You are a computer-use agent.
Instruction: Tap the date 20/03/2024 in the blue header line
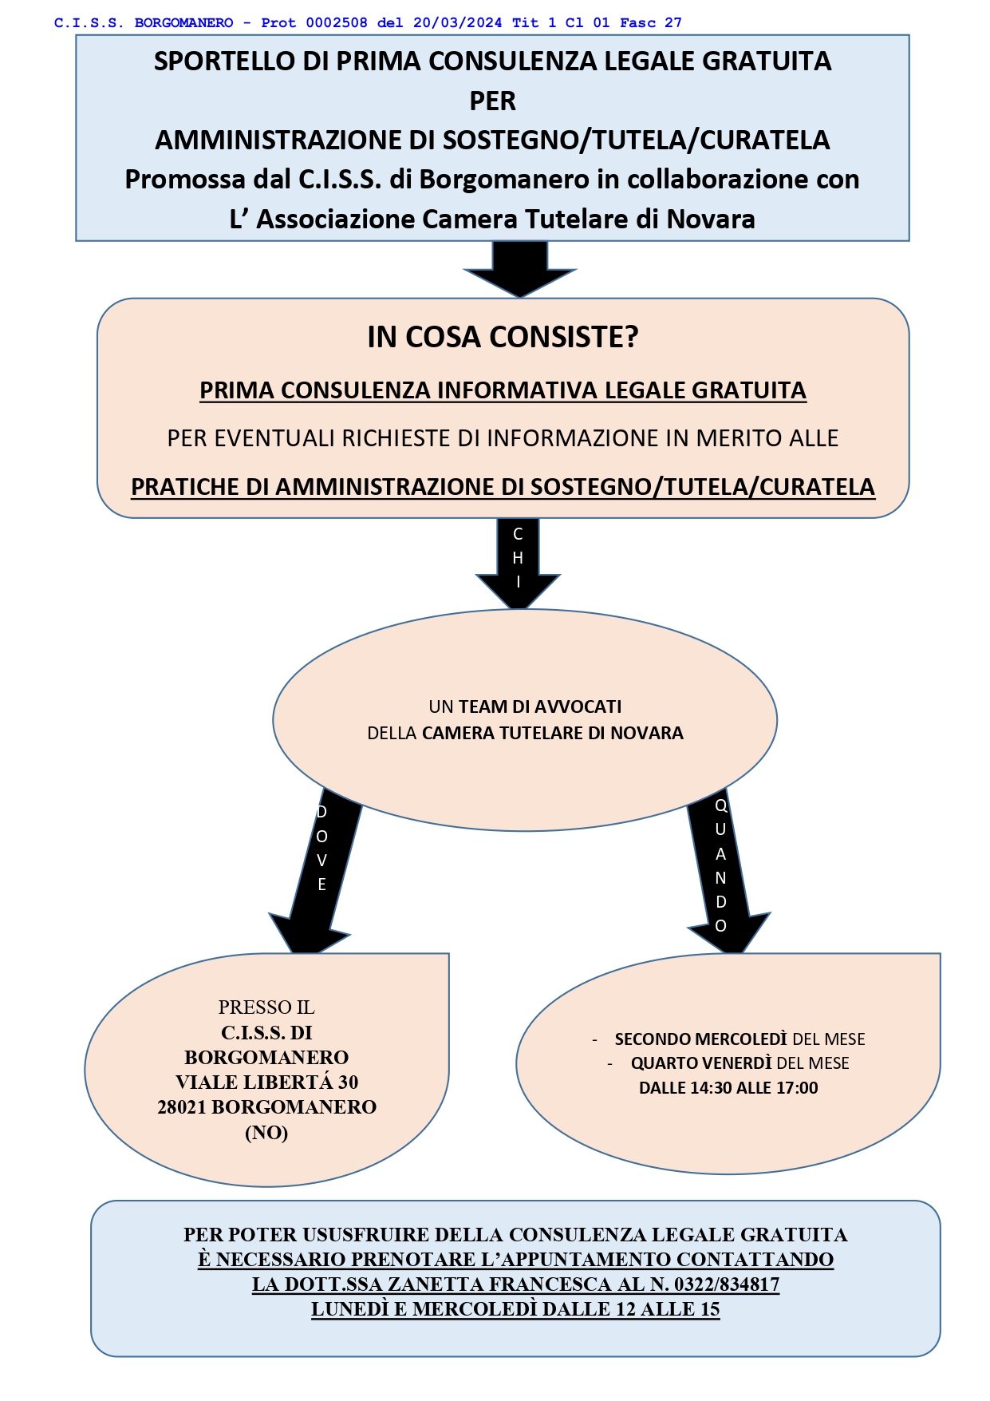pos(457,23)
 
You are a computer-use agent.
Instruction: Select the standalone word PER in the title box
pos(493,101)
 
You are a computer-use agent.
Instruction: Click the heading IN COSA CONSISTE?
pos(503,338)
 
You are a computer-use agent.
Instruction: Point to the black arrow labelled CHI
pos(518,563)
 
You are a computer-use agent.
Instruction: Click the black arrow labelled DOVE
pos(315,870)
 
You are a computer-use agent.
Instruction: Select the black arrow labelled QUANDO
pos(725,870)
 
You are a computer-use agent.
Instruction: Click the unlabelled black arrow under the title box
pos(519,269)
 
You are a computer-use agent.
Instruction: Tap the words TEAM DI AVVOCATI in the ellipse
pos(540,706)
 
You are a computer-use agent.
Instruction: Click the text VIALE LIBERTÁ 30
pos(267,1082)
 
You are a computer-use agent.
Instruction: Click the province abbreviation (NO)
pos(266,1133)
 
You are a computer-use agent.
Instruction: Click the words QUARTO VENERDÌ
pos(701,1063)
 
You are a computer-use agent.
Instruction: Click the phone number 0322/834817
pos(727,1284)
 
